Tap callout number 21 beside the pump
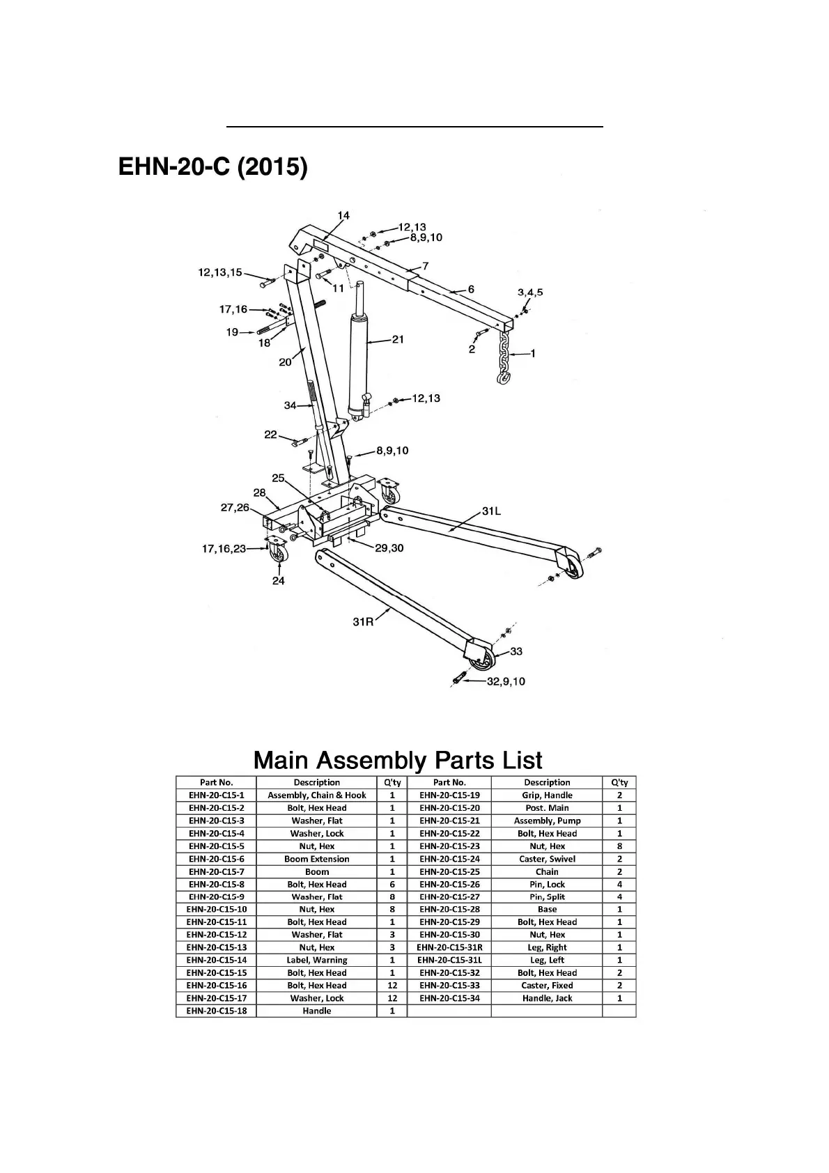[x=398, y=339]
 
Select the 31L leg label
[x=491, y=511]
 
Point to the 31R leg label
[x=363, y=621]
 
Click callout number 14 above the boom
[x=343, y=215]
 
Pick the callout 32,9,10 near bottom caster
[x=506, y=681]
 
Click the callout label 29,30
[x=389, y=547]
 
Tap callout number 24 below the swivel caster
[x=278, y=581]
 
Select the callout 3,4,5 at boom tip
[x=530, y=292]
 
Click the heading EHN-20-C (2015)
[x=212, y=166]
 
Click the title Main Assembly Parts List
[x=398, y=760]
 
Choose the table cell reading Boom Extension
[x=317, y=859]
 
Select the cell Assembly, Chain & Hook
[x=317, y=795]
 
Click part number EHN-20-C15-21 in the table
[x=449, y=821]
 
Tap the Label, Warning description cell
[x=317, y=960]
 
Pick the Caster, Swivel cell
[x=548, y=859]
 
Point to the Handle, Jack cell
[x=548, y=998]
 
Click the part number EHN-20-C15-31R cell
[x=449, y=947]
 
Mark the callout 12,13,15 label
[x=220, y=272]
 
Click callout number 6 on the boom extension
[x=471, y=289]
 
